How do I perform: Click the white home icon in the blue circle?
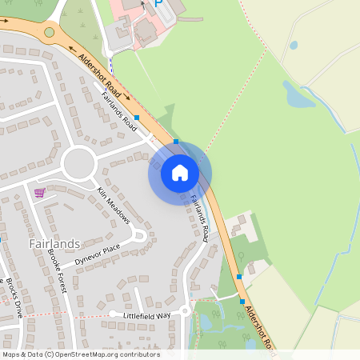click(x=180, y=172)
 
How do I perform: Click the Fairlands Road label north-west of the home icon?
click(x=120, y=111)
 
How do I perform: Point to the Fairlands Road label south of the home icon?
click(x=199, y=217)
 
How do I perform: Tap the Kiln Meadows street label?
click(x=113, y=204)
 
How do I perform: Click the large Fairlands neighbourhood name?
click(x=54, y=243)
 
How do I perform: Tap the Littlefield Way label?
click(x=146, y=316)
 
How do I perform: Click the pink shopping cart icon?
click(x=40, y=193)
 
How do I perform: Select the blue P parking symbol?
click(x=158, y=4)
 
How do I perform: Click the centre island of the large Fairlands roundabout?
click(x=78, y=163)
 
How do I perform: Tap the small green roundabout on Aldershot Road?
click(x=50, y=33)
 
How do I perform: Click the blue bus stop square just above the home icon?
click(x=176, y=142)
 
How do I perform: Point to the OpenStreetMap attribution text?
click(x=81, y=354)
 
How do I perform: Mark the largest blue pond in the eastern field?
click(x=298, y=96)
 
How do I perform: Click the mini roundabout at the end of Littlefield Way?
click(x=186, y=310)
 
